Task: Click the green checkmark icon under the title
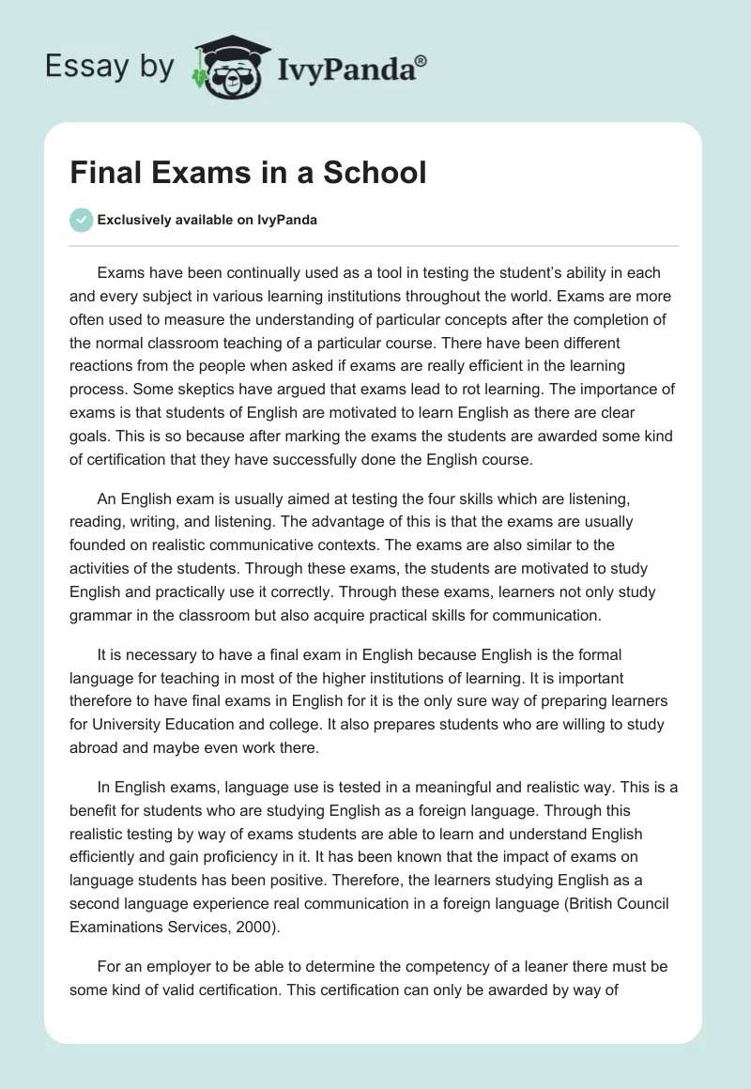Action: tap(81, 221)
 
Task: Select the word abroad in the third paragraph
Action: tap(94, 747)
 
